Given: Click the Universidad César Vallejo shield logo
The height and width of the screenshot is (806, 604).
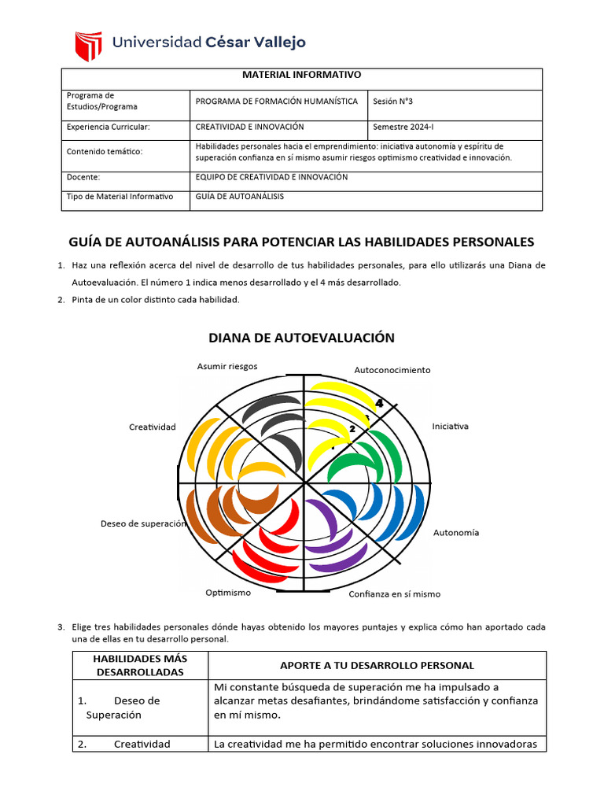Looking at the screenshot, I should pos(88,46).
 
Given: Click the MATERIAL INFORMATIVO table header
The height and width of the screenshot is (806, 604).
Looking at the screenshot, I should pos(301,75).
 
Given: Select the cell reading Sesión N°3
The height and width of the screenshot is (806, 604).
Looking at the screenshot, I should pos(395,102).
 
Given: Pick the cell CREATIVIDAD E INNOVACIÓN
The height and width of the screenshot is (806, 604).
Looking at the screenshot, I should pos(249,127).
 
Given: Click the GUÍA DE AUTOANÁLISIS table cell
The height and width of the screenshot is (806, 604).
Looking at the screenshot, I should pos(239,197).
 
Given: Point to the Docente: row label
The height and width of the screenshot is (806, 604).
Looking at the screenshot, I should pos(83,177).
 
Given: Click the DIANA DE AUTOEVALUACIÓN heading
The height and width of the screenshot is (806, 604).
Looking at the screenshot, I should pos(301,338).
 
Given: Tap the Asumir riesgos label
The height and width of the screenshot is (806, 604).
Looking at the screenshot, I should pos(227,366).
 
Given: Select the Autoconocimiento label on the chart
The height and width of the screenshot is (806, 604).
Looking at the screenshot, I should pos(392,370).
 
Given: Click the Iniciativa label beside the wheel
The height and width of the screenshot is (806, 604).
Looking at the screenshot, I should pos(450,427).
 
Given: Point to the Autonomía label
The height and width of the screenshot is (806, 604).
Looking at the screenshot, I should pos(456,533).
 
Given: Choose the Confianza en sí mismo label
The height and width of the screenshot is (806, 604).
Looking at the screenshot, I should pos(394,594).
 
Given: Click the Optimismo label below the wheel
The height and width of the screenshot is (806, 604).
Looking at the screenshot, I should pos(228,593).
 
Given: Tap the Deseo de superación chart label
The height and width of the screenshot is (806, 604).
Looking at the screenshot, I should pos(143,523).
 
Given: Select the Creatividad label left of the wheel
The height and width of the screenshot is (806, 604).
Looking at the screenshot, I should pos(152,427).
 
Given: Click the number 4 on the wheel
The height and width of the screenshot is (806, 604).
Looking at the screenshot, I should pos(379,403).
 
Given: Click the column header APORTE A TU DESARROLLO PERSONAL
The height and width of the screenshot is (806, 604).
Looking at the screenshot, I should pos(377,666).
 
